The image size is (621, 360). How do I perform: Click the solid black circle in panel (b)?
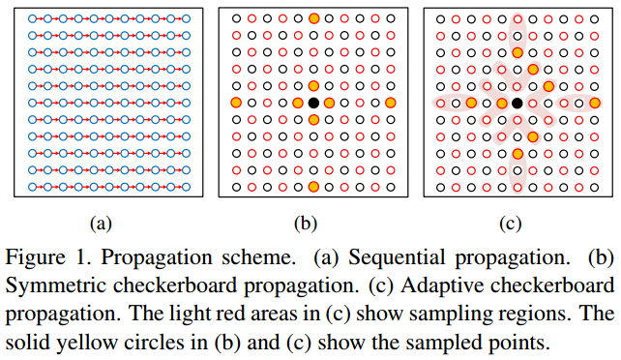(x=313, y=103)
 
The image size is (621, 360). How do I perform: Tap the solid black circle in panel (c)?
(x=517, y=103)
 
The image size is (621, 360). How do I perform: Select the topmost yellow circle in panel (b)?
(x=313, y=18)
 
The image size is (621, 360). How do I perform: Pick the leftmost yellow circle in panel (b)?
(x=236, y=103)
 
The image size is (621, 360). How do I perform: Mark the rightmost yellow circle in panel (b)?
(x=390, y=103)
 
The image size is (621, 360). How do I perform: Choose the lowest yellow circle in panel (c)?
(x=517, y=153)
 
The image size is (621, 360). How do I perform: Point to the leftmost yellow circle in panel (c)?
(x=471, y=103)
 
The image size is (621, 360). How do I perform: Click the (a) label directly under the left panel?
(x=100, y=224)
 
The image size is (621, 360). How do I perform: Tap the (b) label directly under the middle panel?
(x=306, y=224)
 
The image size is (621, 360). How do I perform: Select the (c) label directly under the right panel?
(x=511, y=224)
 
